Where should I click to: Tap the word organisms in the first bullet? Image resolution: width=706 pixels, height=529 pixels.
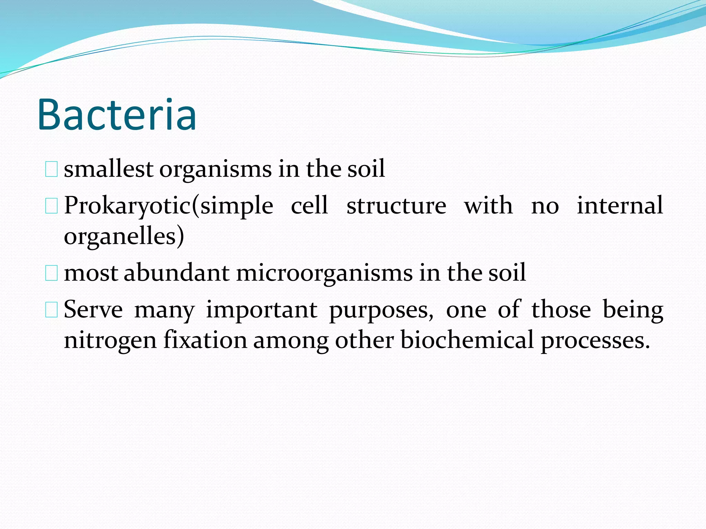[x=215, y=169]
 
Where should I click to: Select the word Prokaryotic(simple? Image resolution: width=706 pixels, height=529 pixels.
[x=169, y=206]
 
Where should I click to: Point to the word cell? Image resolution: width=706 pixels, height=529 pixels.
[x=309, y=205]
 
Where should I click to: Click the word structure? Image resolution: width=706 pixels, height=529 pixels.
[x=396, y=206]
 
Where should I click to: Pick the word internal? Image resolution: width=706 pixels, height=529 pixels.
[x=620, y=205]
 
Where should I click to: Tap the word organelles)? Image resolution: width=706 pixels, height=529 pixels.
[x=124, y=237]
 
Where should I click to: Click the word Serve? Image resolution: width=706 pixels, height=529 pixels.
[x=93, y=309]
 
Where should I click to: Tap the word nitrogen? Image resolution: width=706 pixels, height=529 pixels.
[x=110, y=341]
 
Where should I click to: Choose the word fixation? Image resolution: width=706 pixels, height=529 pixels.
[x=205, y=340]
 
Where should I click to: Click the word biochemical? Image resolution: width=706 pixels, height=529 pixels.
[x=467, y=340]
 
